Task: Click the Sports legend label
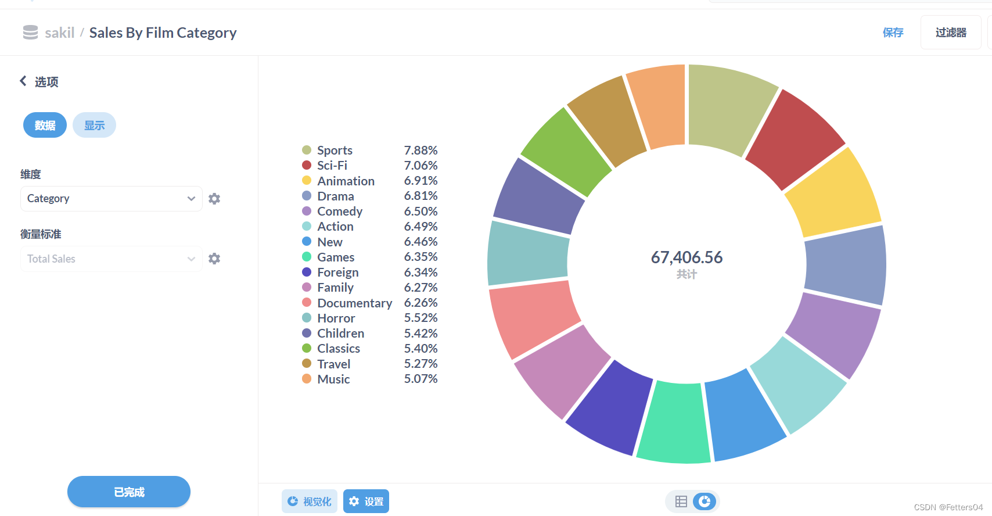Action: coord(335,150)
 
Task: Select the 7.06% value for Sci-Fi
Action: coord(420,165)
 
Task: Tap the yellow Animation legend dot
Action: coord(307,180)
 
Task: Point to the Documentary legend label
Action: coord(355,303)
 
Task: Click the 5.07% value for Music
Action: coord(420,379)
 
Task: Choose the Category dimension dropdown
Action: coord(111,198)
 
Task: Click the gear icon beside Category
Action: coord(214,198)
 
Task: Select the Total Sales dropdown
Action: coord(111,259)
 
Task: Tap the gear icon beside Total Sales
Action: coord(214,259)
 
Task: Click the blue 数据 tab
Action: coord(45,125)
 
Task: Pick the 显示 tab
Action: coord(94,125)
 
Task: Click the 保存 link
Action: coord(893,33)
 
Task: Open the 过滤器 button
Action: coord(951,33)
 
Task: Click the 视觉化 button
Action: coord(310,501)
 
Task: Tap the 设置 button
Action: coord(366,501)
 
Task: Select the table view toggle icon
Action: coord(681,501)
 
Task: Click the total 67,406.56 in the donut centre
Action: coord(687,257)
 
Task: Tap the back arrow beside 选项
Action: coord(23,81)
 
